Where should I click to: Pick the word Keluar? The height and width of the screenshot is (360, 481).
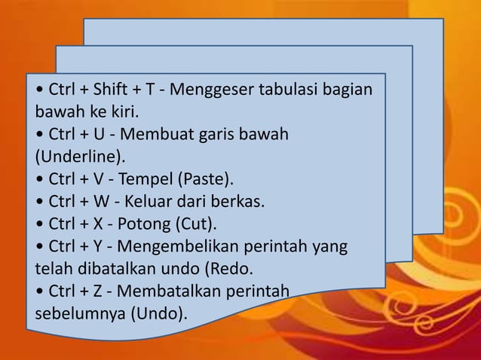152,202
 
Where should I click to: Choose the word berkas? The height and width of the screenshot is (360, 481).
241,202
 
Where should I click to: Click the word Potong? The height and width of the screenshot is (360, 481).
146,224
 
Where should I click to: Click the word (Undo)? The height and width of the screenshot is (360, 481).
160,313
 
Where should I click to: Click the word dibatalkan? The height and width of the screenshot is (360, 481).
112,268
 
